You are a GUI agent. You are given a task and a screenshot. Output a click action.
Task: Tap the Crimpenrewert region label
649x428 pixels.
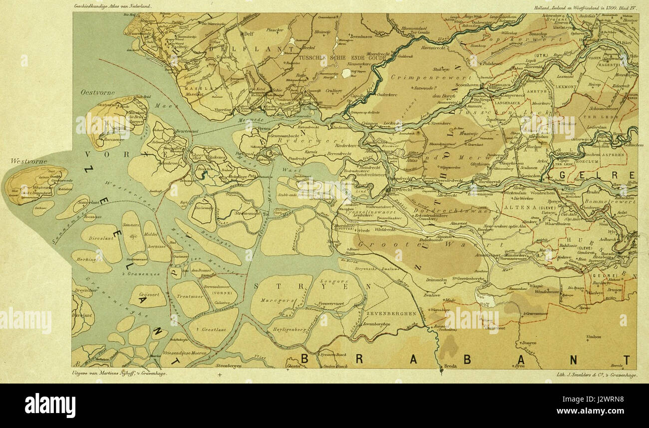(x=424, y=78)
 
